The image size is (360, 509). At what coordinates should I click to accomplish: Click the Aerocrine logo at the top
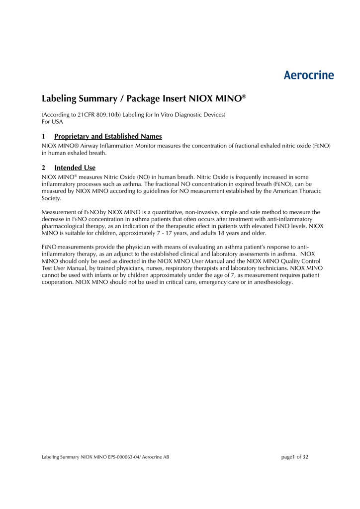309,76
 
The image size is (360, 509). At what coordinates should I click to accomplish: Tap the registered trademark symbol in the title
244,96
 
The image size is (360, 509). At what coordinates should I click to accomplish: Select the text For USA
52,122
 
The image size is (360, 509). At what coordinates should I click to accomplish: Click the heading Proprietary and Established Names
108,136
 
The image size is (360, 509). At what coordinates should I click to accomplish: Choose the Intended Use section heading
75,168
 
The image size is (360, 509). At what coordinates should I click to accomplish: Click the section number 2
44,168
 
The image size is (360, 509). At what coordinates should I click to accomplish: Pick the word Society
51,198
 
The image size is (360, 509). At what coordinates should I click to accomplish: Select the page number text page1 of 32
295,457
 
